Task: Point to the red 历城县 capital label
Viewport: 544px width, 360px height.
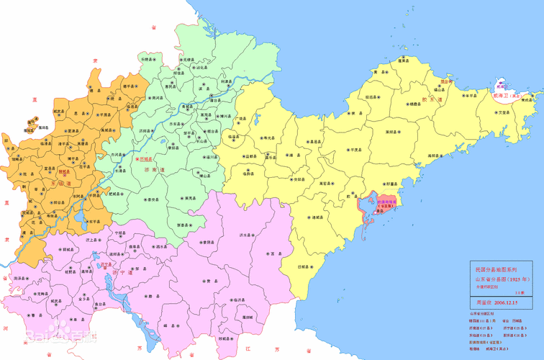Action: pos(145,158)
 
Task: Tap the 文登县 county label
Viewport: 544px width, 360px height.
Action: pos(504,112)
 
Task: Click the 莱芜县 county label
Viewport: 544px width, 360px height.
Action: pos(190,197)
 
